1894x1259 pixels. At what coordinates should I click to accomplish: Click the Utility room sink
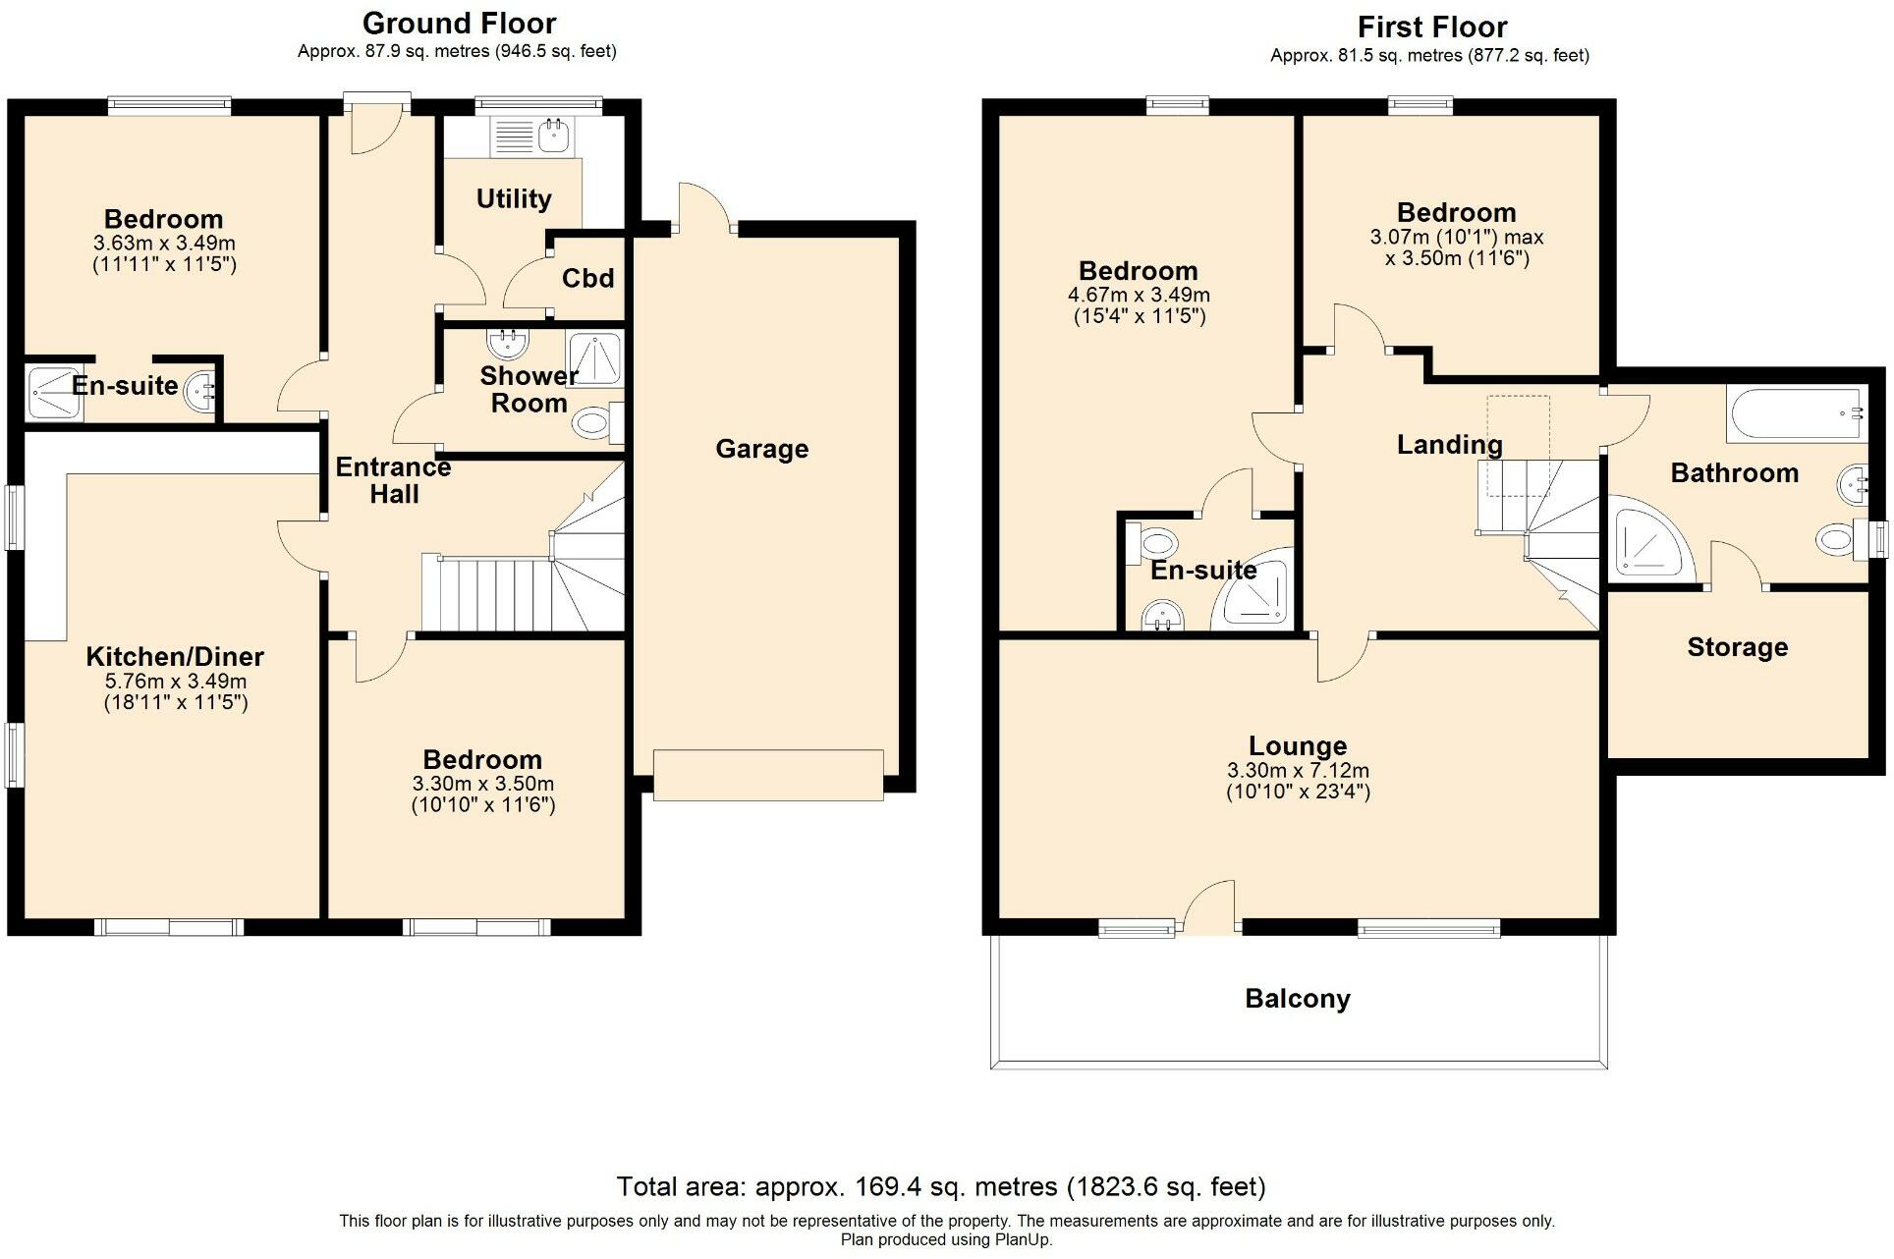pos(553,136)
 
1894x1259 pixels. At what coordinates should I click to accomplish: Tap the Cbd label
pos(587,279)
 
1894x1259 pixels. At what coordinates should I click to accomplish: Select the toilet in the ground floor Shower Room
pos(591,424)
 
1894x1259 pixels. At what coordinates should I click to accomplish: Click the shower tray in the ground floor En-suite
pos(48,393)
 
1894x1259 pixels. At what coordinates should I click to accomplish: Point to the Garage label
pos(761,449)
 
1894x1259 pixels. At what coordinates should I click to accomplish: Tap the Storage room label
pos(1737,647)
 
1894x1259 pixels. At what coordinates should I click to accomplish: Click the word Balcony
pos(1297,999)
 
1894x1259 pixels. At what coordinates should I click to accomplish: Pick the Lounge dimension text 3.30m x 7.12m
pos(1297,771)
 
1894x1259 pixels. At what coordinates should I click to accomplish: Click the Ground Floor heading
pos(459,23)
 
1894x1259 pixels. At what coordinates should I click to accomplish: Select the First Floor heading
pos(1431,27)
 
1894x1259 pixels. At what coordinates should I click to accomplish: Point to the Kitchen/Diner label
pos(175,656)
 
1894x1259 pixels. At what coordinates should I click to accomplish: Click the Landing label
pos(1449,445)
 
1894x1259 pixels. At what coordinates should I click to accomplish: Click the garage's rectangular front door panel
pos(768,775)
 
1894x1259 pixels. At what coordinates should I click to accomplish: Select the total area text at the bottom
pos(940,1186)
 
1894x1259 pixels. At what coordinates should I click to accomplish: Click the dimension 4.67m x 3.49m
pos(1138,295)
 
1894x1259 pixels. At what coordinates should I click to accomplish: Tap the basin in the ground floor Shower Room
pos(507,344)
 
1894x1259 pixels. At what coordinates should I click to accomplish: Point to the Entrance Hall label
pos(393,480)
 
